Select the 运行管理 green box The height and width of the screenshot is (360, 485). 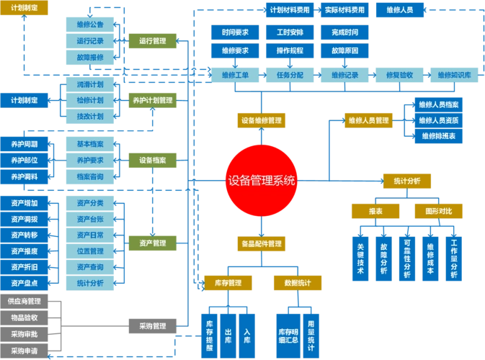pyautogui.click(x=152, y=41)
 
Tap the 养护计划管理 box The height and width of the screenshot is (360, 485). pyautogui.click(x=152, y=100)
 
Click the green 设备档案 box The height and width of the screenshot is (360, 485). pyautogui.click(x=152, y=159)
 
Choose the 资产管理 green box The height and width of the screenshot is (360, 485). pyautogui.click(x=152, y=243)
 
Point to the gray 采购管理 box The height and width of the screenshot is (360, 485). pyautogui.click(x=152, y=325)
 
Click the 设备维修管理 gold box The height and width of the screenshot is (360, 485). pyautogui.click(x=262, y=120)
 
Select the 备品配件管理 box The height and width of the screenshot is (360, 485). pyautogui.click(x=262, y=243)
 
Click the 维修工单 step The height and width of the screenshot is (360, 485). pyautogui.click(x=235, y=74)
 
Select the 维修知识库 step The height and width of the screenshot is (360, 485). pyautogui.click(x=454, y=74)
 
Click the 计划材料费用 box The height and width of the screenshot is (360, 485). pyautogui.click(x=290, y=10)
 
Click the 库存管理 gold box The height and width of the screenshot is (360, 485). pyautogui.click(x=228, y=283)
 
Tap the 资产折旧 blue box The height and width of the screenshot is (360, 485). pyautogui.click(x=25, y=267)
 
